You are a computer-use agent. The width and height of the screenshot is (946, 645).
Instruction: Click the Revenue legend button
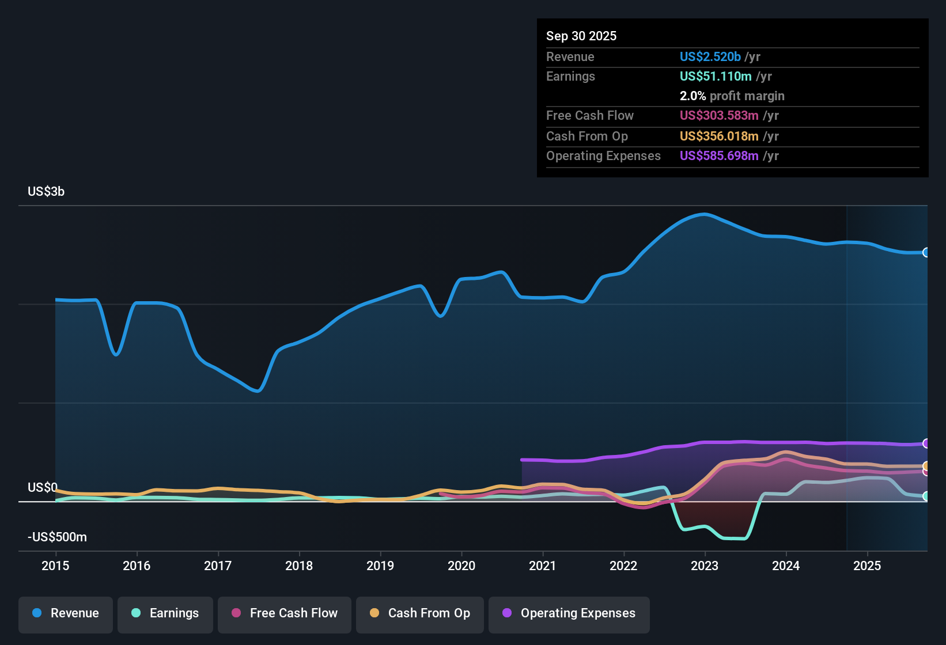point(66,613)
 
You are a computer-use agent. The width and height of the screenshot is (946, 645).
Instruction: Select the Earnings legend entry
point(165,613)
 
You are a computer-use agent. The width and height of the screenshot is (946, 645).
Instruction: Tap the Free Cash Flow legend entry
point(285,613)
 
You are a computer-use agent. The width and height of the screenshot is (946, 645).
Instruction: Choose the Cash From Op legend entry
point(420,613)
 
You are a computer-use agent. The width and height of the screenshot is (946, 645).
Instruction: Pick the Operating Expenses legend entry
point(569,613)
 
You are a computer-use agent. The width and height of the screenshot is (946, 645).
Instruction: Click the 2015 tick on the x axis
point(55,566)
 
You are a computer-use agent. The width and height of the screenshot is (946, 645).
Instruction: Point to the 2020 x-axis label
point(461,566)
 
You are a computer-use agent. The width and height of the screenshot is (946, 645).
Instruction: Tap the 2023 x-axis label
point(705,566)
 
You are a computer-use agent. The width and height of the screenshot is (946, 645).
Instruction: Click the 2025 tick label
point(867,566)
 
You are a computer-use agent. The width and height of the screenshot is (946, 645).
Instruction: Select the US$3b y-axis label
point(46,192)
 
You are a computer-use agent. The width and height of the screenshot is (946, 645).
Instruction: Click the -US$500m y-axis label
point(57,537)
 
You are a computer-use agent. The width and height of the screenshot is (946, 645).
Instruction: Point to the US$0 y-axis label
point(43,488)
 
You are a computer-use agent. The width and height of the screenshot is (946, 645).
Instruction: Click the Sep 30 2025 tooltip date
point(581,36)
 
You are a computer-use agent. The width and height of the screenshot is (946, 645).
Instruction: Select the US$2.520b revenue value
point(710,56)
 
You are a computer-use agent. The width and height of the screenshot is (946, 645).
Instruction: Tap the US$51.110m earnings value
point(716,76)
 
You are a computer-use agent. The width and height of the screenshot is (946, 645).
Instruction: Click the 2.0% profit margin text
point(732,96)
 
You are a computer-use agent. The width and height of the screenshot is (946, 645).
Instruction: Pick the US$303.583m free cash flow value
point(719,115)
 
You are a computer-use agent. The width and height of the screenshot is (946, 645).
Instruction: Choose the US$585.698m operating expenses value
point(719,155)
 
